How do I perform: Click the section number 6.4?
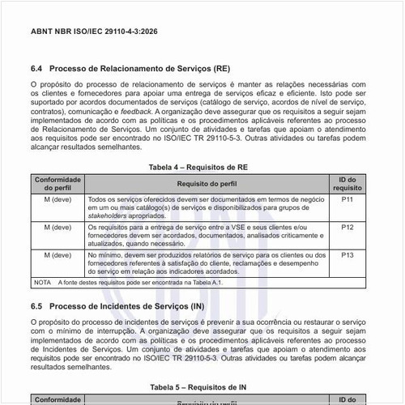click(37, 69)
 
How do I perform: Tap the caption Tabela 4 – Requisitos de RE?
click(202, 166)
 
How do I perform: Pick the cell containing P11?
click(347, 198)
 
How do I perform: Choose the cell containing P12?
click(347, 228)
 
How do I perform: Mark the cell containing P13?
click(347, 255)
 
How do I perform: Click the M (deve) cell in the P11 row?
click(57, 198)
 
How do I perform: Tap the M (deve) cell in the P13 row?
click(57, 255)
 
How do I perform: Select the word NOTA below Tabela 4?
click(42, 283)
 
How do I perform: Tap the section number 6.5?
click(37, 307)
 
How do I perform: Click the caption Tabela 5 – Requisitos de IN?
click(202, 387)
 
